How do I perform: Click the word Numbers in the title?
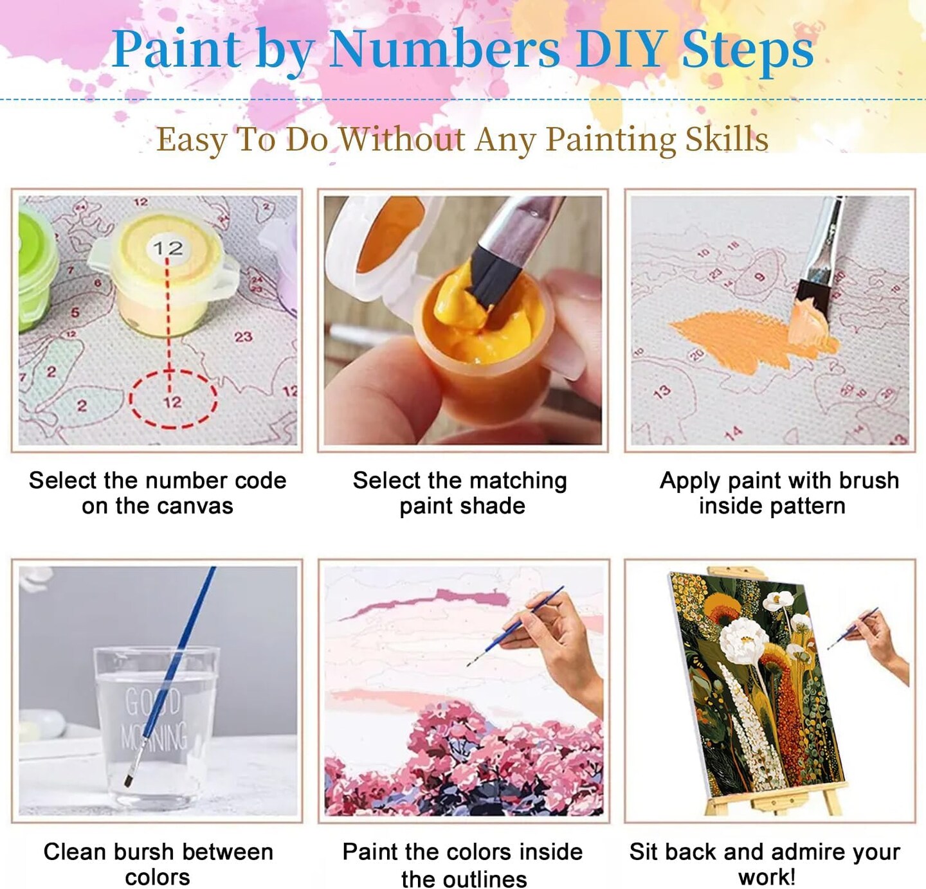(444, 49)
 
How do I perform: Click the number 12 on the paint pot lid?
(168, 248)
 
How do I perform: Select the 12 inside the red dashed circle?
(172, 402)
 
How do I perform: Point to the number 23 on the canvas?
(243, 337)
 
